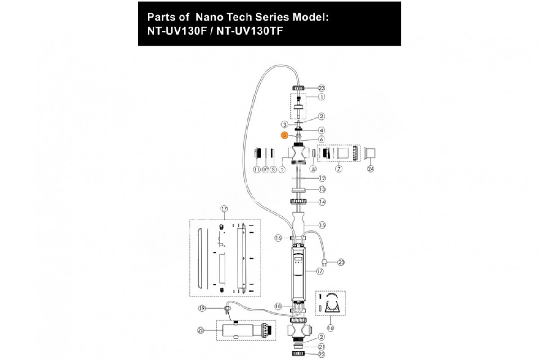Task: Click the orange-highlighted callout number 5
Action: (284, 135)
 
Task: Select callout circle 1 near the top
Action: (321, 97)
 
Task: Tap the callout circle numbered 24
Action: (371, 169)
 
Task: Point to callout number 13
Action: (322, 189)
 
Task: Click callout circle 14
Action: (322, 202)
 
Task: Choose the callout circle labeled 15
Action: (322, 225)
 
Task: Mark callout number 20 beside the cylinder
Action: (201, 331)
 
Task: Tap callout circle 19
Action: (202, 308)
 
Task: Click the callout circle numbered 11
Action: (257, 170)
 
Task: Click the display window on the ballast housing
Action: (297, 261)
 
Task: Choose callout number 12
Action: (322, 178)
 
